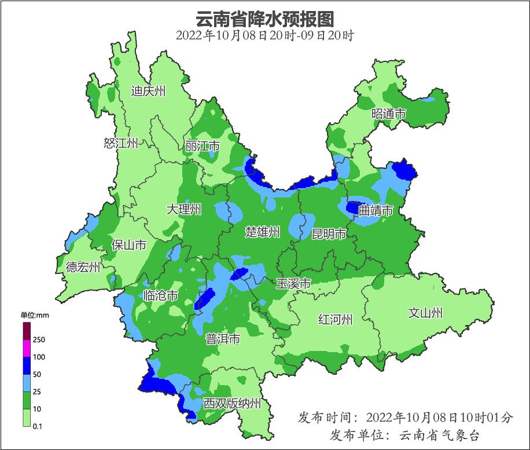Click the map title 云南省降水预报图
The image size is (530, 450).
coord(265,19)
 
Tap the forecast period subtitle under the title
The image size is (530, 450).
coord(265,35)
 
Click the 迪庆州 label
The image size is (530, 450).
coord(148,91)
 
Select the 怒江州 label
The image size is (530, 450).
coord(121,143)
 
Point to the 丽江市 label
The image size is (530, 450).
coord(203,147)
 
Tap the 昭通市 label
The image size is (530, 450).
coord(388,114)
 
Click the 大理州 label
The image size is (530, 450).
coord(183,209)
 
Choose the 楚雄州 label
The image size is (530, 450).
coord(262,232)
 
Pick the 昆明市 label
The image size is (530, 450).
coord(329,234)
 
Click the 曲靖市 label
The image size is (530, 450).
coord(376,210)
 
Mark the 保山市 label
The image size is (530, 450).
coord(128,245)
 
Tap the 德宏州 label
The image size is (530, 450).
coord(83,267)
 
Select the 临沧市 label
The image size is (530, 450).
coord(160,296)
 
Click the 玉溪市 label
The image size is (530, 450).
coord(293,284)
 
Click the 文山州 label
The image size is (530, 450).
coord(425,313)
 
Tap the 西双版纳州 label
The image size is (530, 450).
coord(232,404)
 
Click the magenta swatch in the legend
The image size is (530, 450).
coord(27,349)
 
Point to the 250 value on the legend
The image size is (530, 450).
coord(39,339)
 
